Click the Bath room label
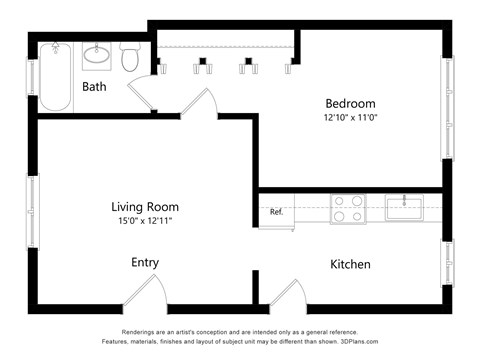94,87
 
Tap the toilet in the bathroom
130,57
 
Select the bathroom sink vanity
98,54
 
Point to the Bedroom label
350,104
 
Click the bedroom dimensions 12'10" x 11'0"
350,119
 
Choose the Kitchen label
350,265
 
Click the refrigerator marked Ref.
277,212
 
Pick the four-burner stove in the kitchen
348,209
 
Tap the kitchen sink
405,208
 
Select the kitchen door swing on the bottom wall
288,296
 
